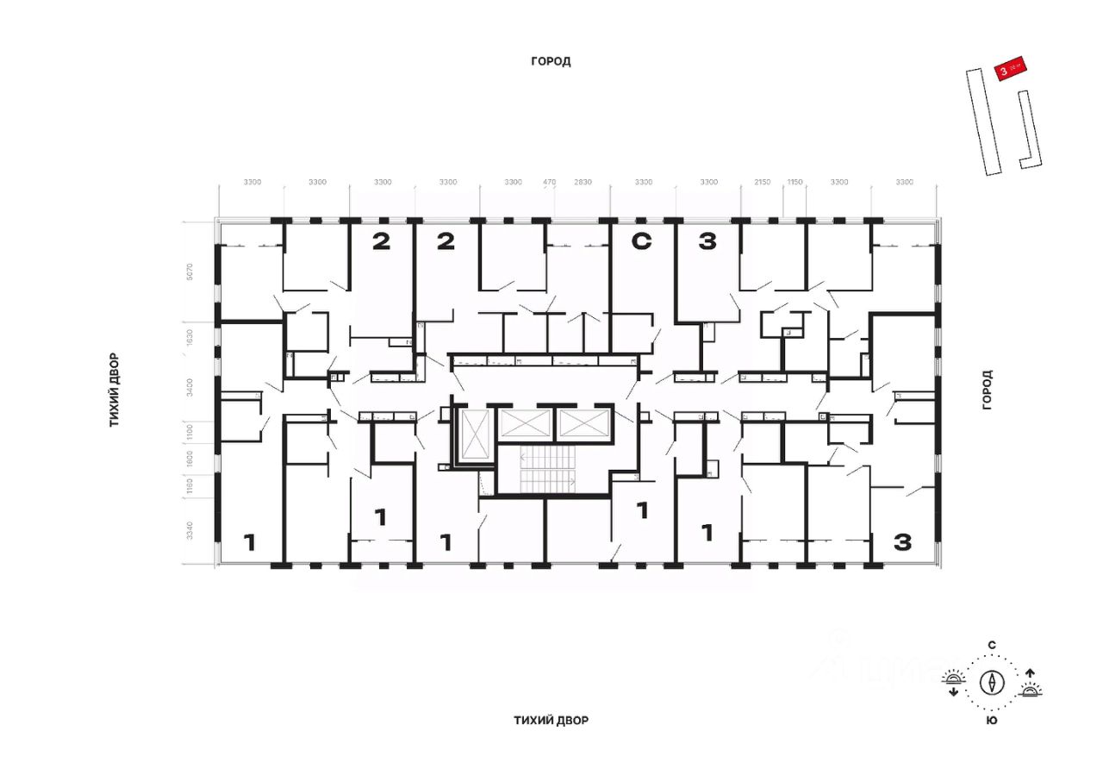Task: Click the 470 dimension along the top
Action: pyautogui.click(x=550, y=182)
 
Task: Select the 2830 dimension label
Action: pyautogui.click(x=583, y=182)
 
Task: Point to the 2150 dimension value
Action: pyautogui.click(x=762, y=182)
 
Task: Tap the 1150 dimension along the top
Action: pyautogui.click(x=794, y=182)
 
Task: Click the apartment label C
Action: pyautogui.click(x=641, y=242)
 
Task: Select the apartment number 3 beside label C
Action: pyautogui.click(x=707, y=242)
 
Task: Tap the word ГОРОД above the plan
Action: pyautogui.click(x=551, y=61)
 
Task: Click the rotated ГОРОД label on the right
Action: pyautogui.click(x=988, y=390)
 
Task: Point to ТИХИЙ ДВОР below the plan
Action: pyautogui.click(x=551, y=720)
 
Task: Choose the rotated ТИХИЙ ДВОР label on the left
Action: pyautogui.click(x=114, y=390)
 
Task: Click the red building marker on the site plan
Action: pyautogui.click(x=1010, y=70)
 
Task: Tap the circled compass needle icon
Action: pyautogui.click(x=993, y=683)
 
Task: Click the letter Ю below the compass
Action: pyautogui.click(x=993, y=720)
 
